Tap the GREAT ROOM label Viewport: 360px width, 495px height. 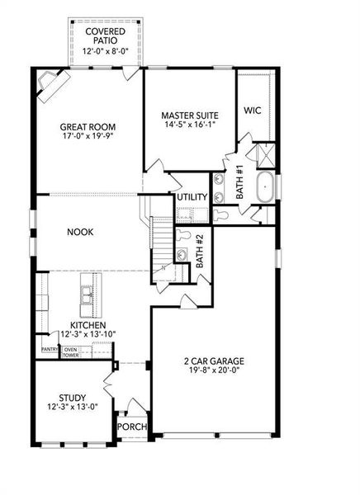(x=88, y=127)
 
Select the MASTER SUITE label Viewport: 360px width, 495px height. (x=189, y=115)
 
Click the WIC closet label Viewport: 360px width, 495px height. (x=253, y=109)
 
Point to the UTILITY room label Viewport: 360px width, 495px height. (x=191, y=198)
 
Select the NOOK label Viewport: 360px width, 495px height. (x=80, y=232)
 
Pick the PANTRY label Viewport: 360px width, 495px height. (x=50, y=349)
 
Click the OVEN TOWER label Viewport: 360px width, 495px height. (x=71, y=352)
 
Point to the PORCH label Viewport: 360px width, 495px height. (x=131, y=427)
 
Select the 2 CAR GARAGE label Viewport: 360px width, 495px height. (x=215, y=361)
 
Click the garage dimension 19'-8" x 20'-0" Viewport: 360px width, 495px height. (x=215, y=371)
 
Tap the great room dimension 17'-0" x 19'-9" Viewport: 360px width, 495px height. (x=88, y=138)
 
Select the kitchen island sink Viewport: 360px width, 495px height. (x=87, y=291)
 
